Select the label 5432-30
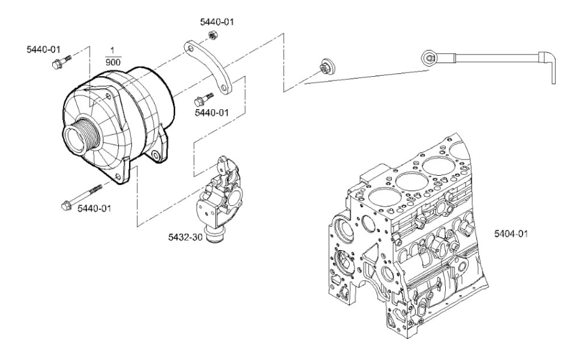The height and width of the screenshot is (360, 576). click(x=185, y=238)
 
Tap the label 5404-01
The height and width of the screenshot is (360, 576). click(x=511, y=233)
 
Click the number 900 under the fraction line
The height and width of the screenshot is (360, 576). click(x=113, y=62)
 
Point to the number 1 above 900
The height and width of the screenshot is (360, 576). click(x=112, y=50)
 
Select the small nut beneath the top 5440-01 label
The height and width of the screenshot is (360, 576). click(x=212, y=35)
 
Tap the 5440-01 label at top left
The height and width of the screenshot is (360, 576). click(x=43, y=49)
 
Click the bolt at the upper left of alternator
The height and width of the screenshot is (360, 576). click(x=61, y=62)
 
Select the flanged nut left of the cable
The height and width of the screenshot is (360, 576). click(x=326, y=67)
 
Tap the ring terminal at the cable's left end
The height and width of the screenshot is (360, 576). click(x=428, y=58)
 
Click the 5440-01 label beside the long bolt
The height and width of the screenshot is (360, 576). click(x=94, y=209)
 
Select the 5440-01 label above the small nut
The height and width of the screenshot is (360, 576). click(x=217, y=22)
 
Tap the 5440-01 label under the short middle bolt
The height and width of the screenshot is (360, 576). click(x=212, y=112)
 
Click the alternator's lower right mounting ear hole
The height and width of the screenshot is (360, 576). click(x=157, y=156)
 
